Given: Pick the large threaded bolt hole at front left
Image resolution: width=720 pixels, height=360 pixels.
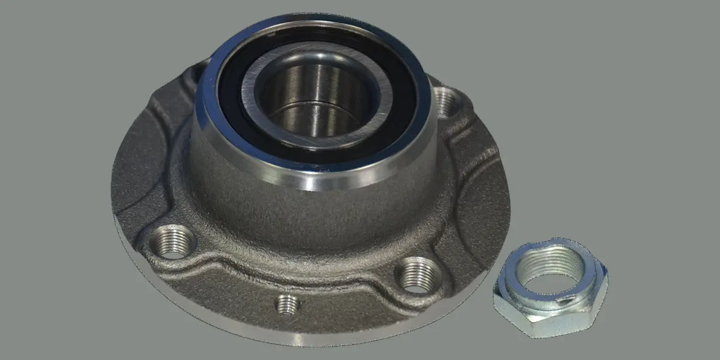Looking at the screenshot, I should (173, 241).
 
